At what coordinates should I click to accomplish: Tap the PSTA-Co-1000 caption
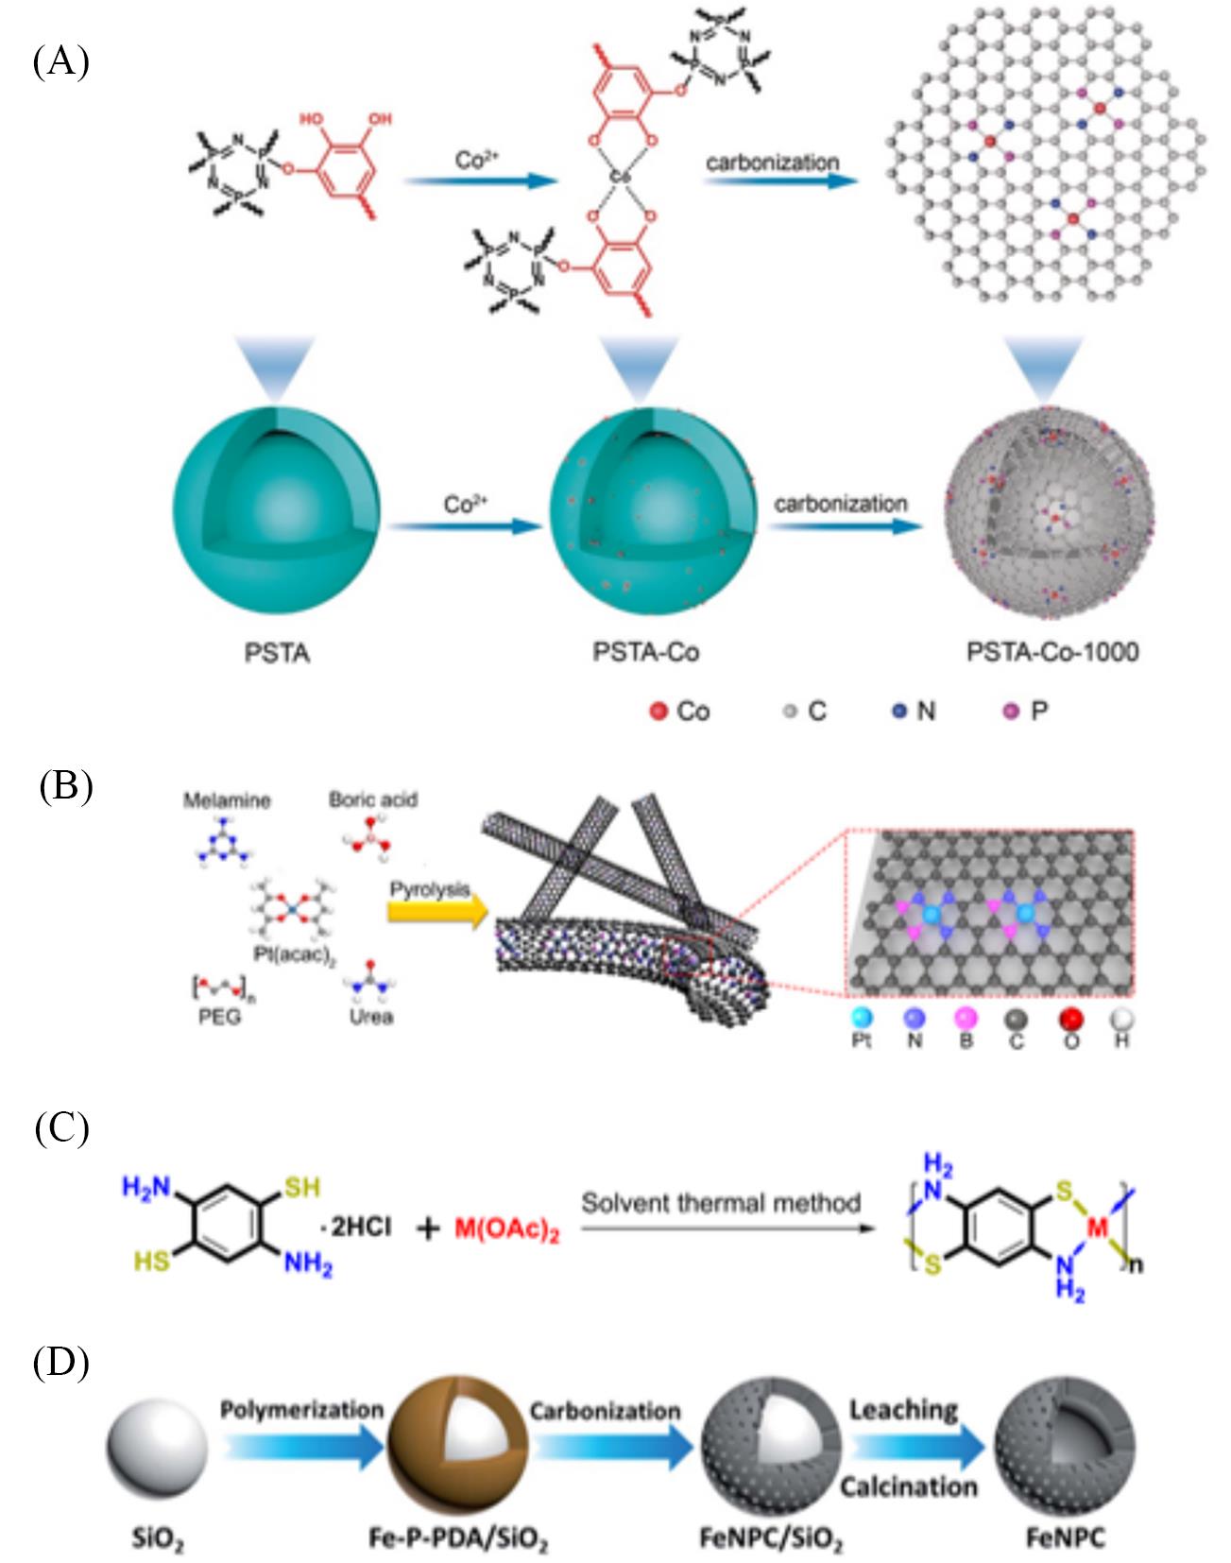[x=1052, y=651]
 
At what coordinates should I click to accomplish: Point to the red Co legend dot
[x=658, y=711]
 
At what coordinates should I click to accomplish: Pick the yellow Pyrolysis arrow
[x=436, y=908]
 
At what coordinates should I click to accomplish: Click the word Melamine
[x=227, y=800]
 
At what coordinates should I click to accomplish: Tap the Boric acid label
[x=373, y=799]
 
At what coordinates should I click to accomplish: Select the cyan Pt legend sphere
[x=862, y=1019]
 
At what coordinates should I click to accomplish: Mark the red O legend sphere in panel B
[x=1070, y=1019]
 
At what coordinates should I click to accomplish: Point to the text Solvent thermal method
[x=721, y=1203]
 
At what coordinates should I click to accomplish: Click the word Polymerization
[x=301, y=1409]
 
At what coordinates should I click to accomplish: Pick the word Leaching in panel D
[x=903, y=1409]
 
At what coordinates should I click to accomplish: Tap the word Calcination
[x=908, y=1486]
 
